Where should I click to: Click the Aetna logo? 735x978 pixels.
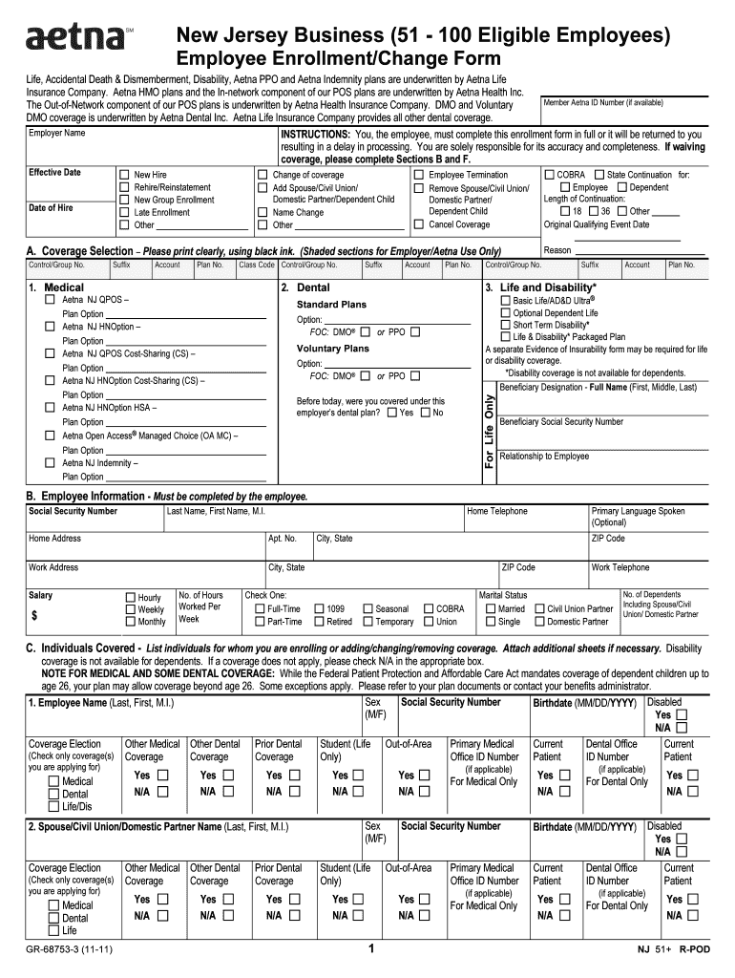click(75, 38)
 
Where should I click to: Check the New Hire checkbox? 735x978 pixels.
click(124, 176)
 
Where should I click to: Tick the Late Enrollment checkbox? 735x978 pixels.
click(124, 213)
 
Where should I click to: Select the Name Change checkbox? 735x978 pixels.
click(262, 213)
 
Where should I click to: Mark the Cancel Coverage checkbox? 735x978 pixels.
click(419, 224)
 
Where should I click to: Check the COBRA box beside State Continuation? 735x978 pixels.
click(549, 176)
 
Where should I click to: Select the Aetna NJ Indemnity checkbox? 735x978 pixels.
click(51, 463)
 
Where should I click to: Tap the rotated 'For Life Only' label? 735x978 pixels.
click(490, 431)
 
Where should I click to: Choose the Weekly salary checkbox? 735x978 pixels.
click(131, 609)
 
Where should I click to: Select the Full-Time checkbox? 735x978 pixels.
click(259, 609)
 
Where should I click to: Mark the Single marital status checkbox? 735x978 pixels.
click(491, 622)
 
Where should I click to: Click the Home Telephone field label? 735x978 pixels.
click(496, 512)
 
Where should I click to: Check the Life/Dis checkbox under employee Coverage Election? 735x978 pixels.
click(53, 806)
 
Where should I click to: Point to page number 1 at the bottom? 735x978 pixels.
click(370, 950)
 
